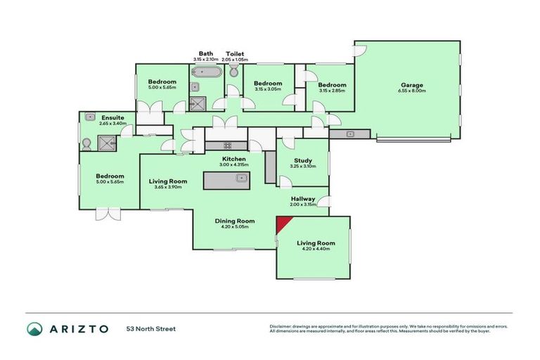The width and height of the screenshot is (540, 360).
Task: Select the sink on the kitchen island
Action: coord(240,177)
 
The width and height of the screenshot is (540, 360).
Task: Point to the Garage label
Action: coord(411,85)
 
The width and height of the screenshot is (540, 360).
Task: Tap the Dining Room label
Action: coord(234,221)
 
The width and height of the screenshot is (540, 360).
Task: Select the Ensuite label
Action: coord(112,117)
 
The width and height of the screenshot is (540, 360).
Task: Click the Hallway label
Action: coord(304,199)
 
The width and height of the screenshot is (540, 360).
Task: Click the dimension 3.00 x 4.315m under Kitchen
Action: coord(234,165)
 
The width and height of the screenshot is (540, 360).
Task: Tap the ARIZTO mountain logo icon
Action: coord(35,329)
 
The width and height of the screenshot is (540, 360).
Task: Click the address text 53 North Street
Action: coord(150,329)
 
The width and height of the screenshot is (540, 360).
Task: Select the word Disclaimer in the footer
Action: coord(282,326)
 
